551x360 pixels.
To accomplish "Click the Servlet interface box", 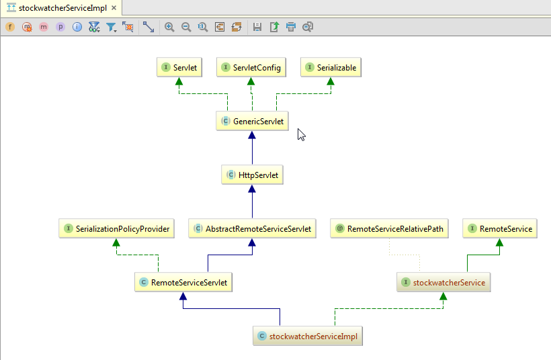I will tap(179, 68).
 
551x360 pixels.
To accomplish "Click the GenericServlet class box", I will tap(253, 122).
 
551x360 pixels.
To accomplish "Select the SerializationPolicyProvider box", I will tap(116, 229).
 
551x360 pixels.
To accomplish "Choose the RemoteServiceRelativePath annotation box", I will tap(390, 229).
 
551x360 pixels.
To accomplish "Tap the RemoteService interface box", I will tap(499, 229).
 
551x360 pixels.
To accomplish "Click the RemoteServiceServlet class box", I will tap(183, 283).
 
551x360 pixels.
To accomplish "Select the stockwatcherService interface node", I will tap(443, 283).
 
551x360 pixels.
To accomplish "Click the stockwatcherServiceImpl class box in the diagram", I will tap(308, 336).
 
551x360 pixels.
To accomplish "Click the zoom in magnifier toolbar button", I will tap(169, 27).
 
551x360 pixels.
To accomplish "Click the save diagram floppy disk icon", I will tap(257, 27).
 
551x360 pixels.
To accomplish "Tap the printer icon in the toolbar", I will tap(291, 27).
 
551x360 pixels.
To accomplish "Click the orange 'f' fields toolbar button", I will tap(10, 27).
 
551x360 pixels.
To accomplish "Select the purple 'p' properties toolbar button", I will tap(60, 27).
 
